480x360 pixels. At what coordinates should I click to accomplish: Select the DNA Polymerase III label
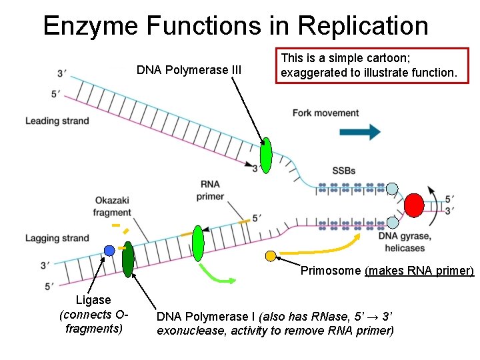click(189, 69)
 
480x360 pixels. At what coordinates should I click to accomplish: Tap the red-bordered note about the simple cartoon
click(373, 65)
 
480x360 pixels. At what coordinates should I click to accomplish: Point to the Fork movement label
click(325, 113)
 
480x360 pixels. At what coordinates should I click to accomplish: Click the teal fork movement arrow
click(355, 131)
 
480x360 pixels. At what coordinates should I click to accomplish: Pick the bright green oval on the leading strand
click(266, 155)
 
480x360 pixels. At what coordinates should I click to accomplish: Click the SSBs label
click(343, 171)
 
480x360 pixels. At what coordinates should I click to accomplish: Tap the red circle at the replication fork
click(415, 205)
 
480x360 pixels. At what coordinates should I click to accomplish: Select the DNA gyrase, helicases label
click(404, 242)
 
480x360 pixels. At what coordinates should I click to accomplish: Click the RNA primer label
click(210, 190)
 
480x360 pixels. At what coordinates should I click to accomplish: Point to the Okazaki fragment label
click(113, 206)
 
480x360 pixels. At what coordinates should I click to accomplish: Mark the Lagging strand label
click(57, 238)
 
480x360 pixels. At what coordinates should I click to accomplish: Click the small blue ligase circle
click(109, 251)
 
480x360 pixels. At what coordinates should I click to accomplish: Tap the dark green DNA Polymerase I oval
click(128, 258)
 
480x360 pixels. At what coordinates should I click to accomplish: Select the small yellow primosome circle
click(270, 255)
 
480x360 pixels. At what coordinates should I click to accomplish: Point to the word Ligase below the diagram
click(93, 300)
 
